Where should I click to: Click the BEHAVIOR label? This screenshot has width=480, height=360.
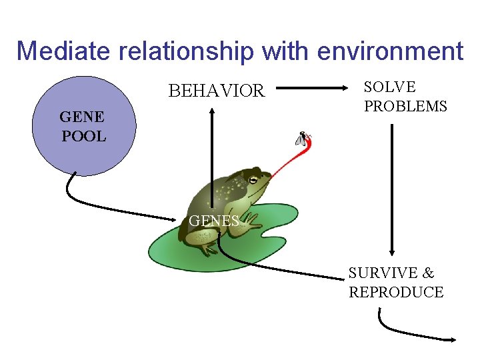[216, 91]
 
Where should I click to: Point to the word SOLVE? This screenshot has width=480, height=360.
[389, 87]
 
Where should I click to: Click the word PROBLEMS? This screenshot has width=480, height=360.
[405, 107]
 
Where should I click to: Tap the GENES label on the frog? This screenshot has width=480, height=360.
[213, 221]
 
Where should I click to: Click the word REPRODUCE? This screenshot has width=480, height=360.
[396, 292]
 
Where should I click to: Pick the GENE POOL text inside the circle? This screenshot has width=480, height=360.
[83, 127]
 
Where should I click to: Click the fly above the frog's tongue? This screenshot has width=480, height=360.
[303, 138]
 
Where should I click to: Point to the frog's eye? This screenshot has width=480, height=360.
[253, 179]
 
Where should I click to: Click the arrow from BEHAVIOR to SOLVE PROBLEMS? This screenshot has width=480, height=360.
[313, 87]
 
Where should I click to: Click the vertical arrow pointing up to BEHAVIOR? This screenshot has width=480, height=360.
[211, 153]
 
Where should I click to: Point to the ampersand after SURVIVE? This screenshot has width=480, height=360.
[428, 273]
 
